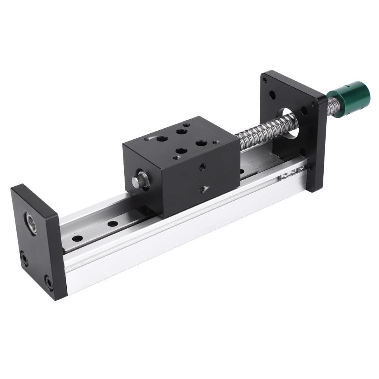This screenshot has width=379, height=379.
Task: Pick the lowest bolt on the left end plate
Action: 49,282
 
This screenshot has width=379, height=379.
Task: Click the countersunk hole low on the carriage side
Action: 203,188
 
